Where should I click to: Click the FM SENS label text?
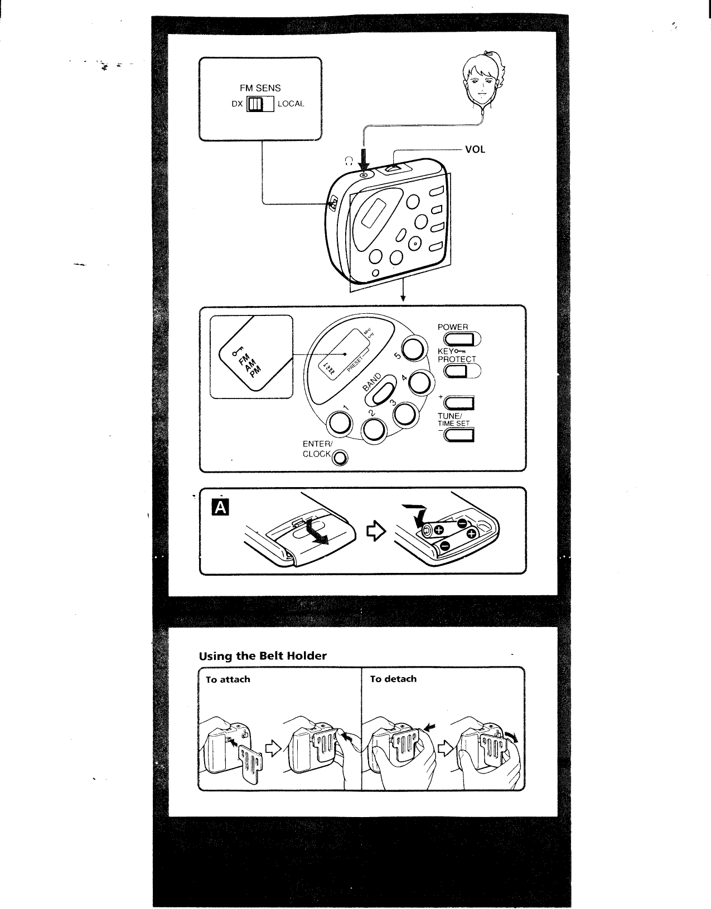click(x=260, y=88)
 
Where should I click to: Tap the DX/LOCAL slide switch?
click(x=260, y=104)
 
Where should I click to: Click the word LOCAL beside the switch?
click(x=291, y=104)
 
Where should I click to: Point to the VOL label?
click(x=475, y=149)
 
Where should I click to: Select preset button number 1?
click(x=340, y=424)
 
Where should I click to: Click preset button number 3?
click(x=405, y=414)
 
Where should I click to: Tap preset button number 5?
click(x=413, y=351)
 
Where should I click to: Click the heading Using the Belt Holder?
click(x=262, y=656)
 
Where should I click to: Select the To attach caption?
click(x=228, y=679)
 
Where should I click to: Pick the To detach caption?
click(x=393, y=679)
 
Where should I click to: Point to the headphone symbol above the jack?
click(x=348, y=161)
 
